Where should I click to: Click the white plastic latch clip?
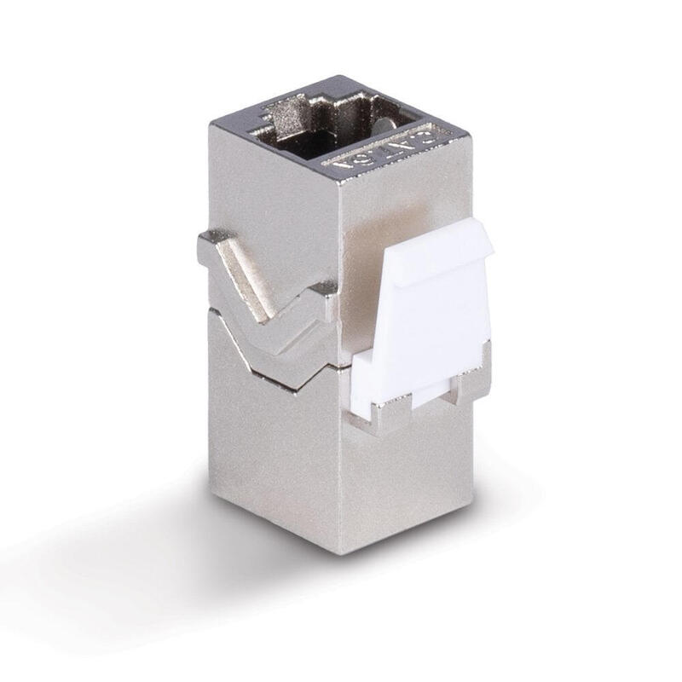pyautogui.click(x=426, y=315)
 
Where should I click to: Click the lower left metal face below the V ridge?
pyautogui.click(x=273, y=452)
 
